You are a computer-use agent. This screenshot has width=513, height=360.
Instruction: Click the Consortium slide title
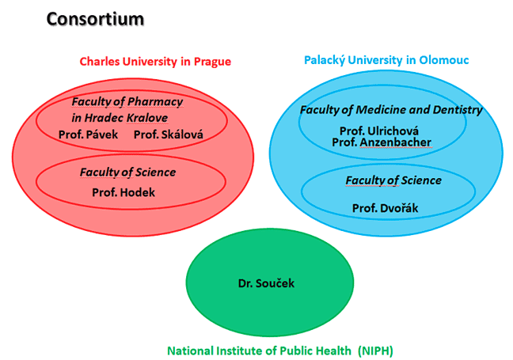pyautogui.click(x=95, y=19)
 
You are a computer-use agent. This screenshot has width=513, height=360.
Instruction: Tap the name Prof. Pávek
pyautogui.click(x=89, y=135)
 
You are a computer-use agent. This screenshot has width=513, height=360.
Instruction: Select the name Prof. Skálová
pyautogui.click(x=169, y=135)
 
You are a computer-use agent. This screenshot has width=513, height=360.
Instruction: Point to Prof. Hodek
pyautogui.click(x=123, y=192)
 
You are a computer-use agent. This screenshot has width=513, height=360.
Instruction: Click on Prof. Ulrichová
pyautogui.click(x=379, y=131)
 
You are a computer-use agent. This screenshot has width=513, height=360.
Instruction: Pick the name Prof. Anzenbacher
pyautogui.click(x=382, y=142)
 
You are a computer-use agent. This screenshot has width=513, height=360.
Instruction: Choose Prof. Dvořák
pyautogui.click(x=385, y=208)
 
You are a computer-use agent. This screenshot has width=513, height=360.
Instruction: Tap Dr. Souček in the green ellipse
pyautogui.click(x=266, y=283)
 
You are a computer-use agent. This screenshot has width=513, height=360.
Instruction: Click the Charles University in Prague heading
pyautogui.click(x=155, y=62)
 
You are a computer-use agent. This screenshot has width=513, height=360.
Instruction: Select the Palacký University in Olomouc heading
pyautogui.click(x=386, y=60)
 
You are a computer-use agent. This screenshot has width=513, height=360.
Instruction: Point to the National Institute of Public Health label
pyautogui.click(x=259, y=351)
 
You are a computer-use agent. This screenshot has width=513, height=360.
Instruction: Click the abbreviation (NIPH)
pyautogui.click(x=375, y=351)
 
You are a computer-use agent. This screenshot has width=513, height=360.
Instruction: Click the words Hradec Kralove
pyautogui.click(x=127, y=118)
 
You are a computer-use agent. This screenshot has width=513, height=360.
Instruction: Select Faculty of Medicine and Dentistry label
pyautogui.click(x=391, y=110)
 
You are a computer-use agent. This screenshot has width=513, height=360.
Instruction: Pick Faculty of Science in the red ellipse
pyautogui.click(x=128, y=172)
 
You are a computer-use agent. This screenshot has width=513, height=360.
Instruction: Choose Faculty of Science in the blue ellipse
pyautogui.click(x=393, y=180)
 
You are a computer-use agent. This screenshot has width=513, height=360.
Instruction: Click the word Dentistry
pyautogui.click(x=458, y=110)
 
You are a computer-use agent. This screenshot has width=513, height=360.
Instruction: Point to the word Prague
pyautogui.click(x=212, y=62)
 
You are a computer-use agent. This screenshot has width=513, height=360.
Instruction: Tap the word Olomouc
pyautogui.click(x=444, y=60)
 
